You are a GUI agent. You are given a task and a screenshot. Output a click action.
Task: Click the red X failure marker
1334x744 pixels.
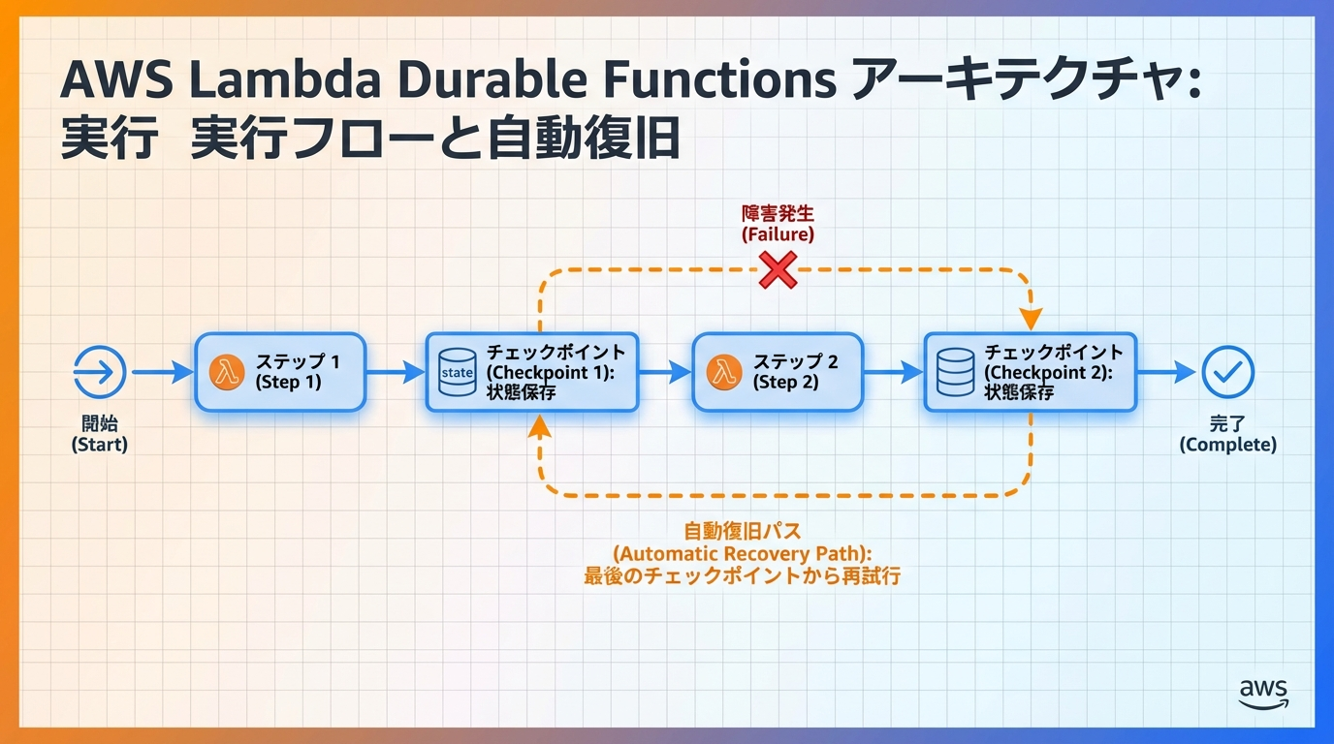pos(777,270)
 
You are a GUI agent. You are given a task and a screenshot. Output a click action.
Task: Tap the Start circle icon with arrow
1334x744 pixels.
pos(100,371)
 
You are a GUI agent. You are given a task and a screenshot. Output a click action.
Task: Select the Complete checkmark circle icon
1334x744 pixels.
pos(1227,372)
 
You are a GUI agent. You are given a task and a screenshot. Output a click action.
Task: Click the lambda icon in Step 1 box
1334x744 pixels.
pos(227,372)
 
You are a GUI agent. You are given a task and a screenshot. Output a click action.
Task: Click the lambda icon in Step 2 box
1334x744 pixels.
pos(724,372)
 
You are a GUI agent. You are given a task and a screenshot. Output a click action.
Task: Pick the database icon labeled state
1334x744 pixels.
pos(457,372)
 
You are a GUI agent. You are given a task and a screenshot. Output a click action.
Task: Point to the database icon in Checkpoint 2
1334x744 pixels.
pos(956,372)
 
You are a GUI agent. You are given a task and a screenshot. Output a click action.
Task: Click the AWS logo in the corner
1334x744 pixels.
pos(1263,693)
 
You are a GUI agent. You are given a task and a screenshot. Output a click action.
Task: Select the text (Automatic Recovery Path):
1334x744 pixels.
pos(743,553)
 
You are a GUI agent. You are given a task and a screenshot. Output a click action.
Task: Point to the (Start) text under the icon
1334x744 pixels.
pos(100,445)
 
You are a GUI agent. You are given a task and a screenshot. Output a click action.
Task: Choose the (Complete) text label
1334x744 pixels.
pos(1227,445)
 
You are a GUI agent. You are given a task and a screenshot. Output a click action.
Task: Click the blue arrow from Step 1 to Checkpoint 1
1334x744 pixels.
pos(395,372)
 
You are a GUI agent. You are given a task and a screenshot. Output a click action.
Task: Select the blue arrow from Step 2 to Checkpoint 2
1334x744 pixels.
pos(893,372)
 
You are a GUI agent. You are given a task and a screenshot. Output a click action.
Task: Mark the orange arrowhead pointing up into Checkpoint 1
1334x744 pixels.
pos(540,425)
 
